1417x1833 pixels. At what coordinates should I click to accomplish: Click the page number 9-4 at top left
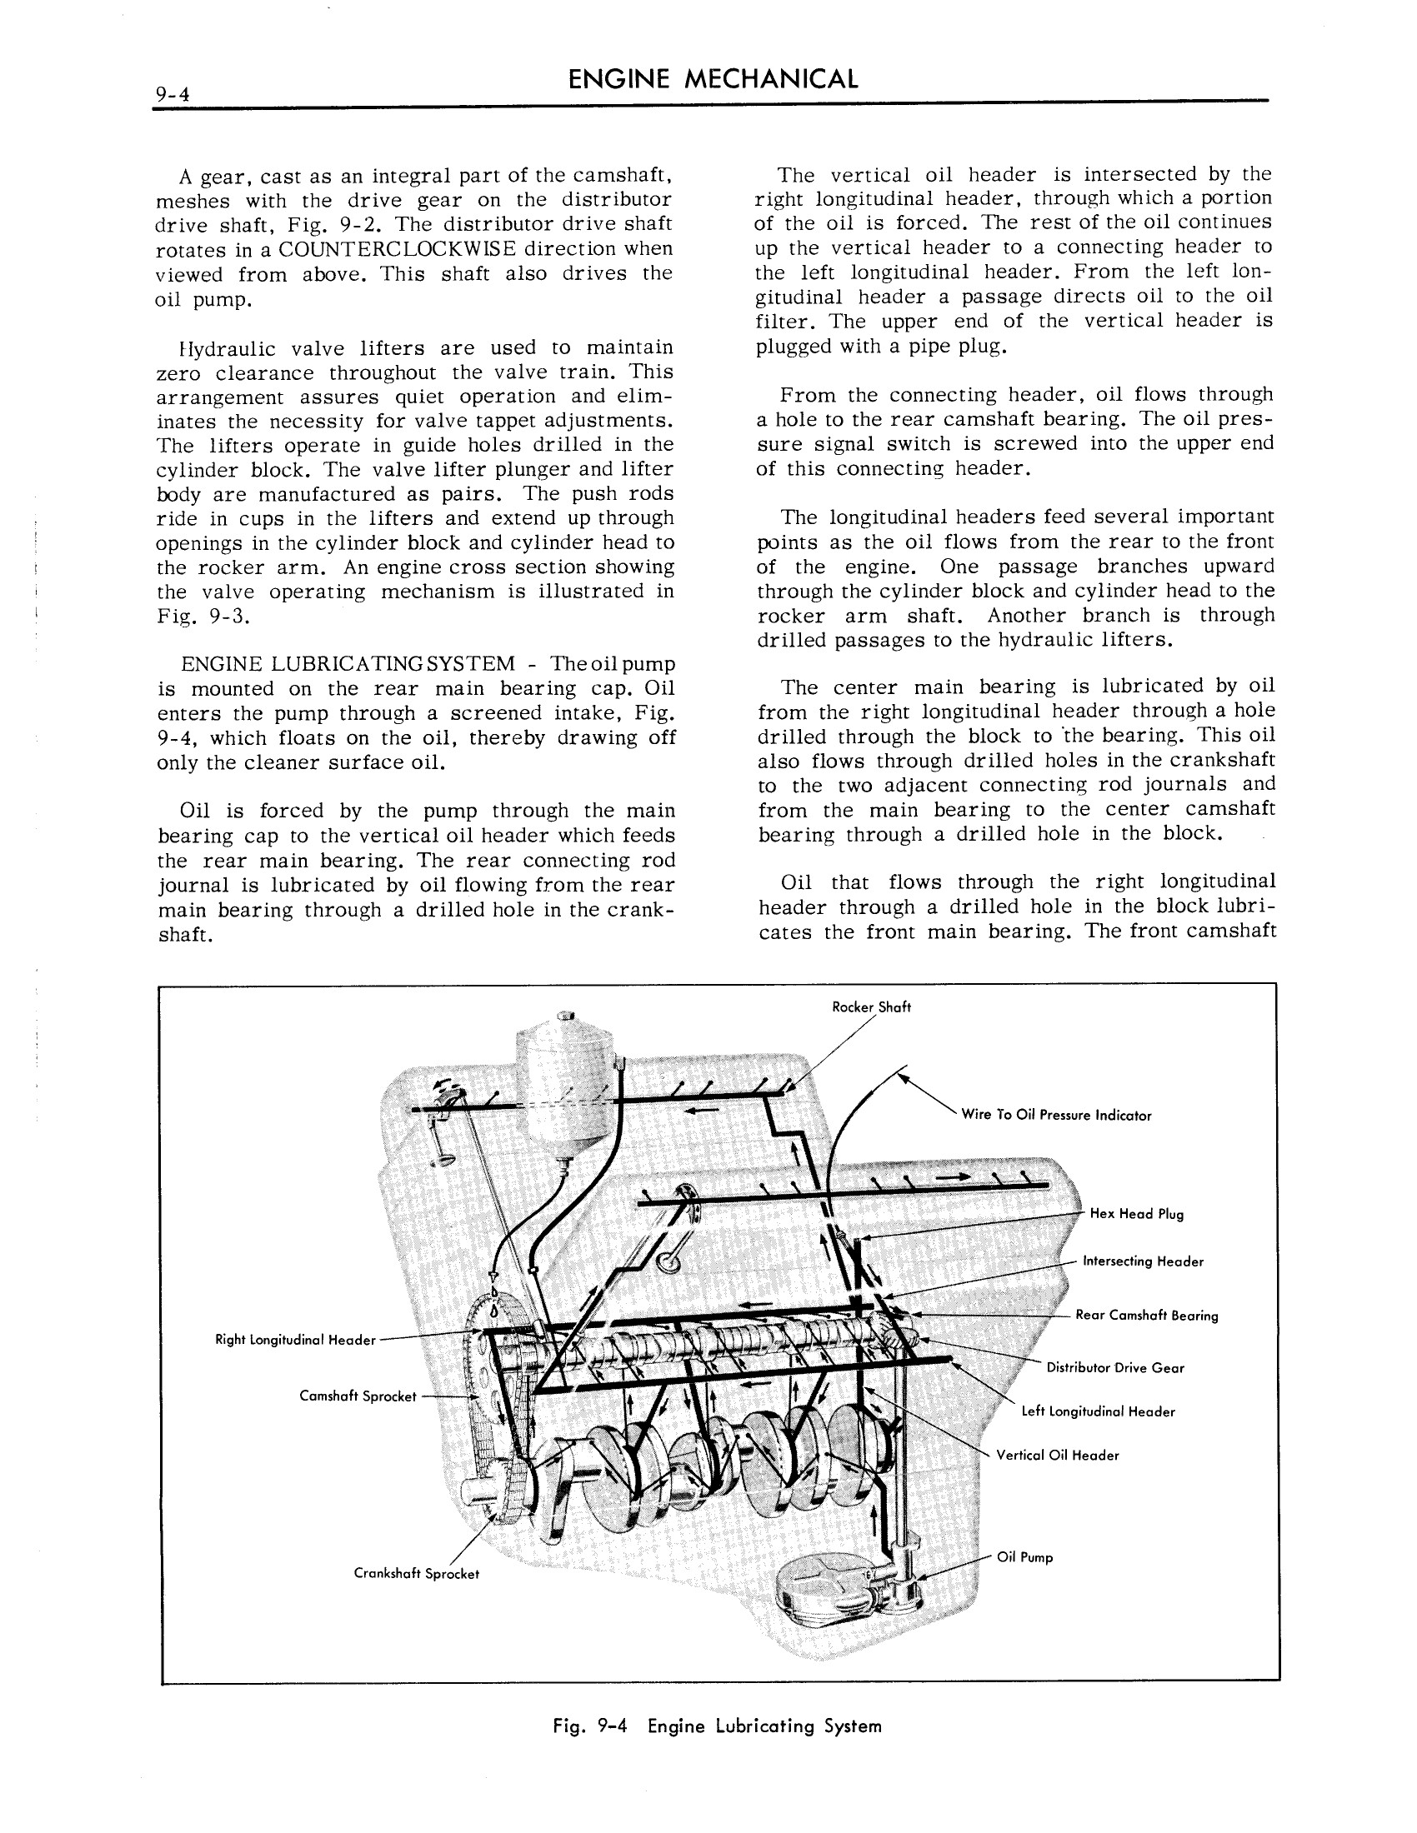coord(172,95)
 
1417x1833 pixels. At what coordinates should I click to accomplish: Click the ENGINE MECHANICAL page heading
coord(713,80)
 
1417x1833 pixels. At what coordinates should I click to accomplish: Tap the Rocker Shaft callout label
coord(870,1007)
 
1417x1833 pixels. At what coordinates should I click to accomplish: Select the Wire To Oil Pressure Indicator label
coord(1055,1116)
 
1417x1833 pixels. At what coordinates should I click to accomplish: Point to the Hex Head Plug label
coord(1136,1214)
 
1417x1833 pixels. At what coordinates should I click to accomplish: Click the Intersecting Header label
coord(1143,1261)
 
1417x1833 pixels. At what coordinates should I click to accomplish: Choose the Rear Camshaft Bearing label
coord(1146,1315)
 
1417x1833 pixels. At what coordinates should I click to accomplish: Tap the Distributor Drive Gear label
coord(1114,1368)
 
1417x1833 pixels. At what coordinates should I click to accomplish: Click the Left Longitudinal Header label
coord(1097,1411)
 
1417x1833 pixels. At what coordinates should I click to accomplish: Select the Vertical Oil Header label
coord(1057,1456)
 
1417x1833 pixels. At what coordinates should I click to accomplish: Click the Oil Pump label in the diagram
coord(1024,1558)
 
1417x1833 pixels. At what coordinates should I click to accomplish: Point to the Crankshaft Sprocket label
coord(417,1574)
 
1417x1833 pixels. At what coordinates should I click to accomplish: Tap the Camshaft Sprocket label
coord(358,1396)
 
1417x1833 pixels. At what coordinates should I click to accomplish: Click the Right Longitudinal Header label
coord(296,1340)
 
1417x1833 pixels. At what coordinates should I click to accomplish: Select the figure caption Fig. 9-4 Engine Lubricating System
coord(717,1726)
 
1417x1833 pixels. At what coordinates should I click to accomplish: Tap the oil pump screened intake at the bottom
coord(827,1588)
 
